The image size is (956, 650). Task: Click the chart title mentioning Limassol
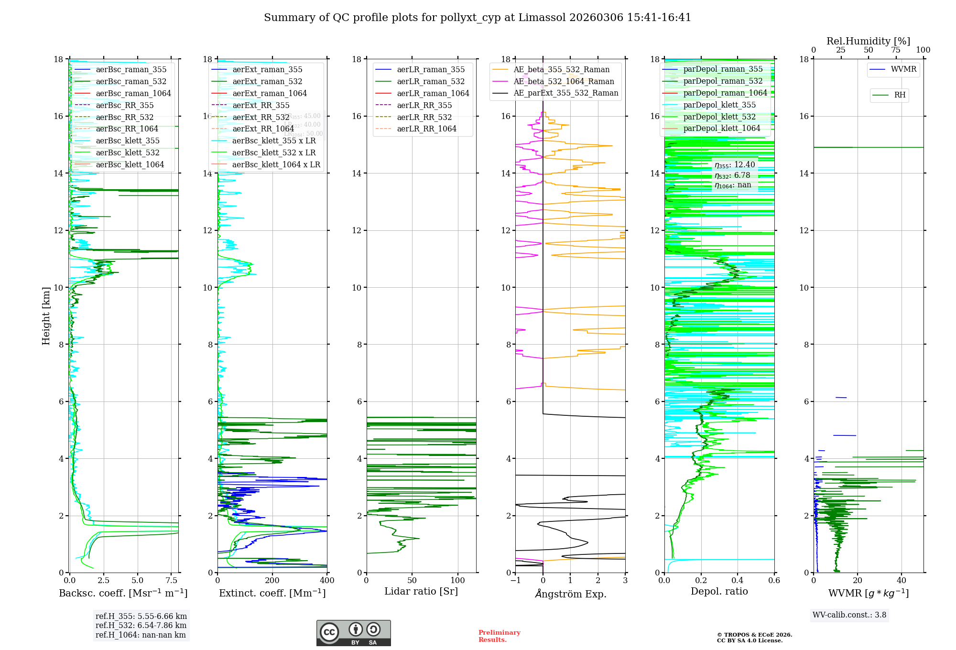coord(478,18)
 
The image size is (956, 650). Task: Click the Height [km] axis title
coord(46,315)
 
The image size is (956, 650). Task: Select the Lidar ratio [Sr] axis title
coord(421,592)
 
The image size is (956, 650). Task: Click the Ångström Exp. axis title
coord(570,594)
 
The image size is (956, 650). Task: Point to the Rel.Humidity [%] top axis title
coord(868,41)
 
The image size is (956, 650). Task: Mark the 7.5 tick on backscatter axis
coord(171,581)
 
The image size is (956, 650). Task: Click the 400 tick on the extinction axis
coord(327,581)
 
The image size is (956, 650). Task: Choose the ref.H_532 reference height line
coord(141,626)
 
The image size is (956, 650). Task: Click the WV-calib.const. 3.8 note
coord(849,615)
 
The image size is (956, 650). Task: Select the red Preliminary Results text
coord(499,636)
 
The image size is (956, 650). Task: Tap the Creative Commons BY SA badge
coord(353,633)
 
